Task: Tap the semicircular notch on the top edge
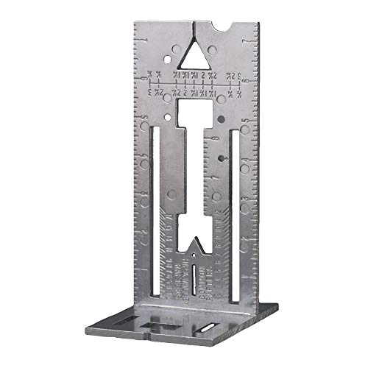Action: click(222, 29)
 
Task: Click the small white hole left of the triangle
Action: click(172, 54)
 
